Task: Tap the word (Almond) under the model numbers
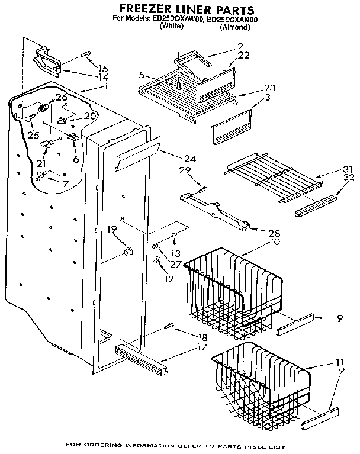[234, 27]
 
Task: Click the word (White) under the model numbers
[172, 27]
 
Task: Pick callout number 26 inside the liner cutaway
[62, 97]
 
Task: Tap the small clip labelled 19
[127, 253]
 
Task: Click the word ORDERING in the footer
[104, 445]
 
